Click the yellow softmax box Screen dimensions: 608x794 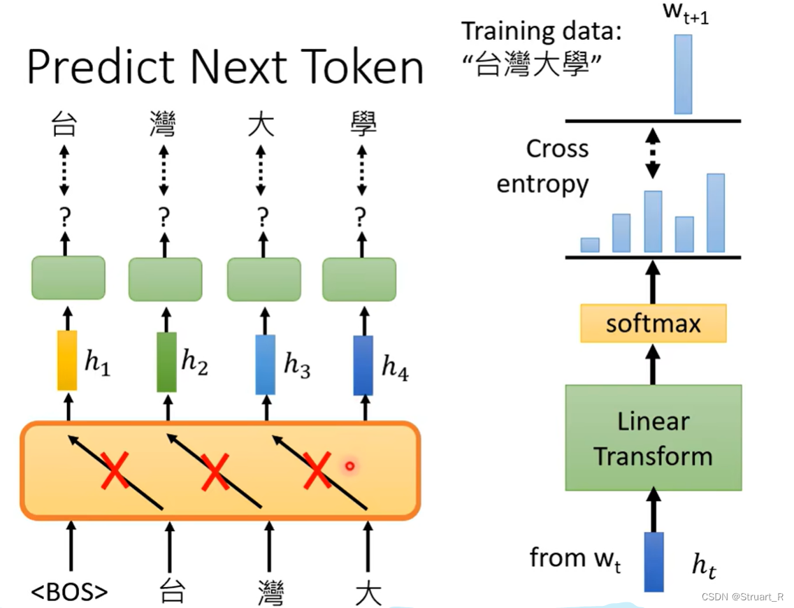653,324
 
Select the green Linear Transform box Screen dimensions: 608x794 653,437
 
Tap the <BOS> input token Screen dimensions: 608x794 70,591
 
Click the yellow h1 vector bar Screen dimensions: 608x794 67,361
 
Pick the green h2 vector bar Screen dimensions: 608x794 167,361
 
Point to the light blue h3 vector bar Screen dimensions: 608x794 266,364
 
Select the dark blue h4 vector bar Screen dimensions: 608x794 363,365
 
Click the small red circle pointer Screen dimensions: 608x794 350,465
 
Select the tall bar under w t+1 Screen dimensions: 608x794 683,74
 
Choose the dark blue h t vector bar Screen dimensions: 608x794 654,562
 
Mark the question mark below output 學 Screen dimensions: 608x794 360,218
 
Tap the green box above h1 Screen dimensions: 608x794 68,277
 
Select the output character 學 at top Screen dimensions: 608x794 363,126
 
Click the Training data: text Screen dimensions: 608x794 541,31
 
